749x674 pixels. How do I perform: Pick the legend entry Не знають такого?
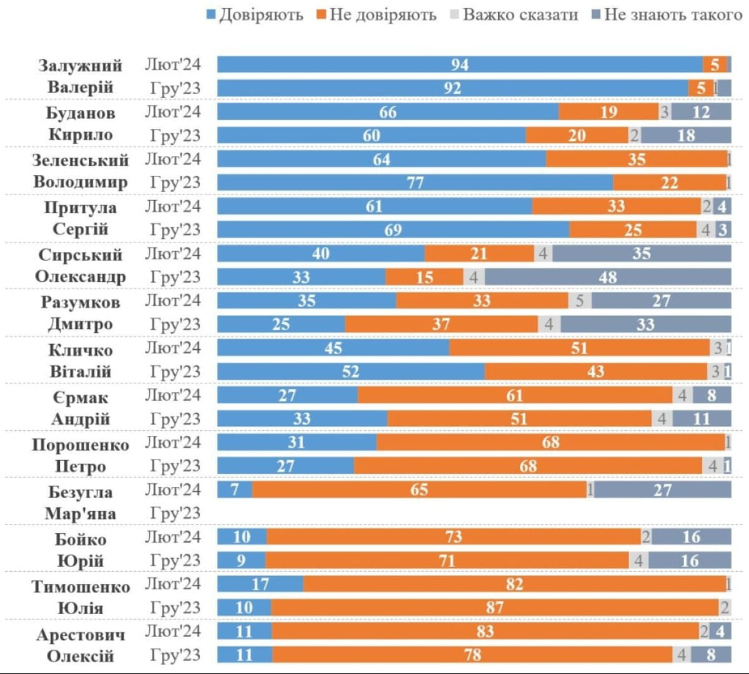pyautogui.click(x=665, y=14)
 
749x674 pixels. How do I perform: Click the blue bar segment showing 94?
pyautogui.click(x=460, y=65)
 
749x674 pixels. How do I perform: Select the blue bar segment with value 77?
pyautogui.click(x=415, y=183)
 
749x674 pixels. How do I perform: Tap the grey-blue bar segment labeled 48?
pyautogui.click(x=608, y=277)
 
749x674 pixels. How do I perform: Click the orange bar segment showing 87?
pyautogui.click(x=494, y=607)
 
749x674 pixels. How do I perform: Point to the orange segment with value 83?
pyautogui.click(x=485, y=631)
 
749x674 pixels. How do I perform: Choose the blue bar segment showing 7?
pyautogui.click(x=235, y=489)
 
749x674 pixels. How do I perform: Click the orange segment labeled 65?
pyautogui.click(x=419, y=489)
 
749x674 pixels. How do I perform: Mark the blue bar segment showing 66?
pyautogui.click(x=388, y=112)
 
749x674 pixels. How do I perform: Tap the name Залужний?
pyautogui.click(x=81, y=65)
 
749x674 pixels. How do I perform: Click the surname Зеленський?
pyautogui.click(x=81, y=160)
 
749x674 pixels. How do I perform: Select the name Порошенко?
pyautogui.click(x=81, y=445)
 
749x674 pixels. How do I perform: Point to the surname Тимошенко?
pyautogui.click(x=81, y=587)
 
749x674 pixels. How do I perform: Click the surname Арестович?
pyautogui.click(x=81, y=635)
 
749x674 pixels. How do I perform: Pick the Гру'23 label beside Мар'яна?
pyautogui.click(x=175, y=513)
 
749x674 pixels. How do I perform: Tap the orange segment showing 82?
pyautogui.click(x=514, y=584)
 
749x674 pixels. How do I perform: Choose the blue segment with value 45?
pyautogui.click(x=333, y=348)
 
